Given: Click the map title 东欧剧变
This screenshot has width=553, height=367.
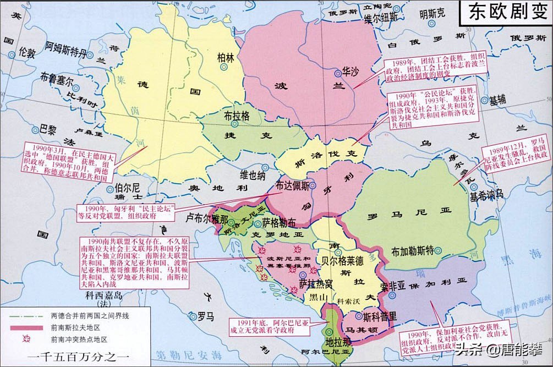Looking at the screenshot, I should point(505,13).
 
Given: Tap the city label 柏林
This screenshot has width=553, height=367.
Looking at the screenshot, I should point(226,57).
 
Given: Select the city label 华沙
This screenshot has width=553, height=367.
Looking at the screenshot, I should point(351,72).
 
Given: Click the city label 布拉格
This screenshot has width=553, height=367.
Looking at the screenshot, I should point(237,117).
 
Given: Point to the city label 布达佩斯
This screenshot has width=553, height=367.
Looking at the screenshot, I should point(297,185).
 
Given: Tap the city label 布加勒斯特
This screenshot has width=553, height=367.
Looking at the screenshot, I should point(412,251).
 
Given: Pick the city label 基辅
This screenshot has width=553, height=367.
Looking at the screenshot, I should point(497,100).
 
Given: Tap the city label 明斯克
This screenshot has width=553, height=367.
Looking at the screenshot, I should point(432,14).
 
